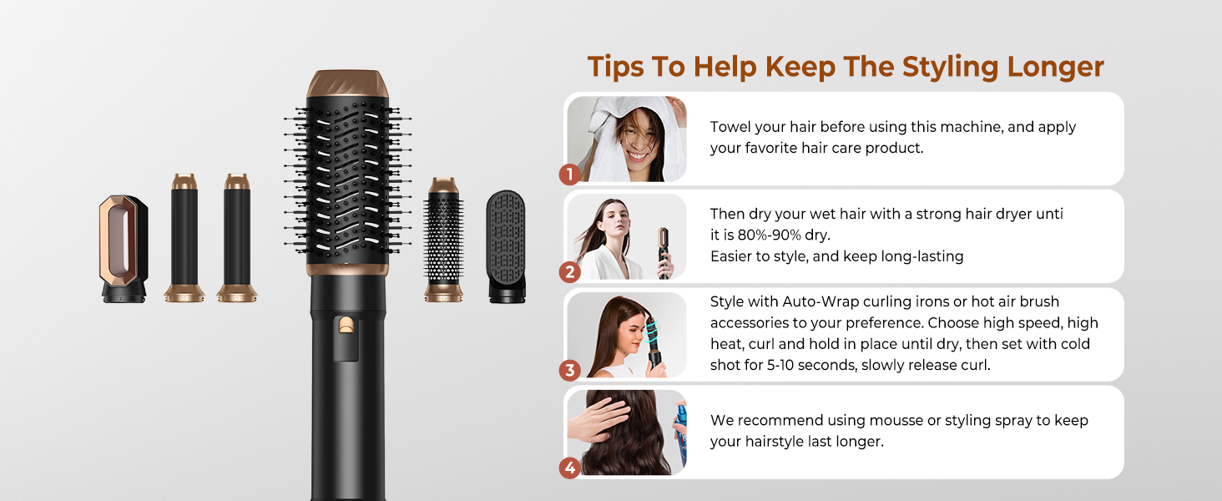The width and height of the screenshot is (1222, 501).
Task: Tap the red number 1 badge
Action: coord(569,175)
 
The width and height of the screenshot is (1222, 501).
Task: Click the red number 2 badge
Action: coord(569,271)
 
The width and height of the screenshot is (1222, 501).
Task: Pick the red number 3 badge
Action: coord(569,370)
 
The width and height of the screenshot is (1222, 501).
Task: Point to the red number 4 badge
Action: coord(569,468)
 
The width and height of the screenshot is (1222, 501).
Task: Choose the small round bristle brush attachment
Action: coord(443,239)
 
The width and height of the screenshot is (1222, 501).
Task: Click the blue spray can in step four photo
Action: coord(681,434)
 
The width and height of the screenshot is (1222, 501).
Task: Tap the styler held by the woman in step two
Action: coord(665,250)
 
